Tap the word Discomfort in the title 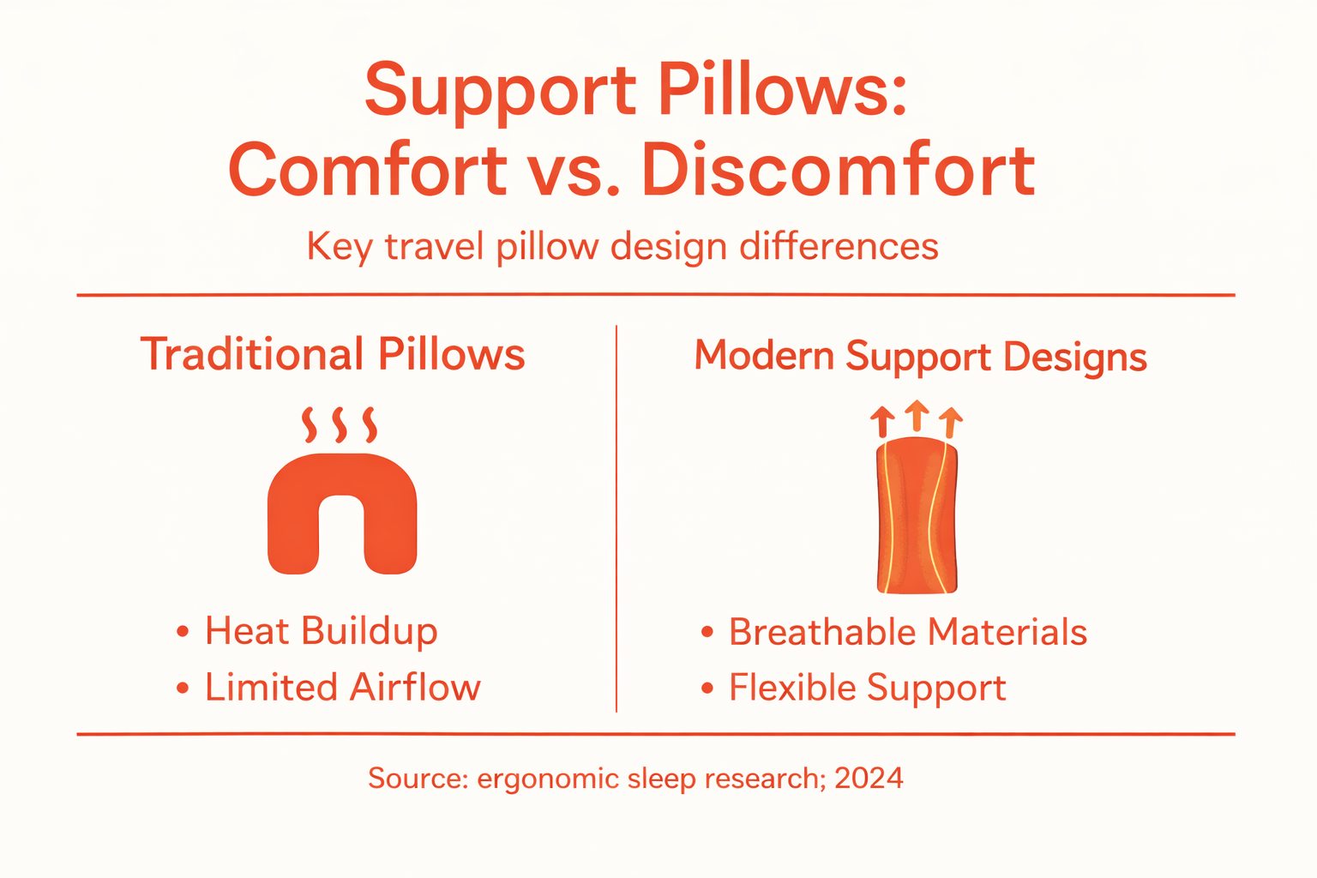[x=838, y=171]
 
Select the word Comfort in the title [x=368, y=171]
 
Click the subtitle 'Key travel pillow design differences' [x=622, y=247]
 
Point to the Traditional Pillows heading [x=333, y=354]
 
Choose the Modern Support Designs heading [x=920, y=356]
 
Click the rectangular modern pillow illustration [x=917, y=517]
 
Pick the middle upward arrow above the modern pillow [x=917, y=415]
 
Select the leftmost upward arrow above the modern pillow [x=882, y=422]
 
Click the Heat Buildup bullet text [x=321, y=632]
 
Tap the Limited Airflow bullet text [x=342, y=688]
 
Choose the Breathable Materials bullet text [x=907, y=633]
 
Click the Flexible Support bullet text [x=867, y=688]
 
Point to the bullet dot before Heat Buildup [x=182, y=633]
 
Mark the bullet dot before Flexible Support [x=707, y=688]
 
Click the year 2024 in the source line [x=869, y=778]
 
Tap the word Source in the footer [x=418, y=778]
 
